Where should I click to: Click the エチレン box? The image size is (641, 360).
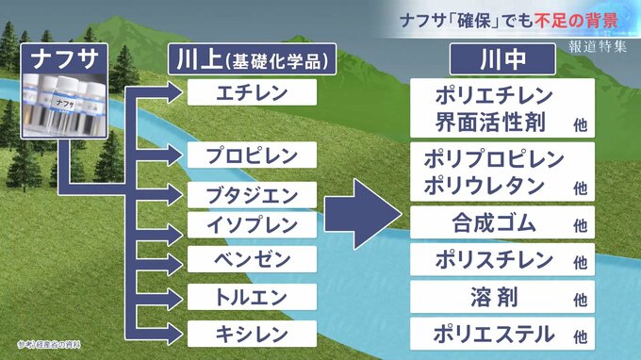252,92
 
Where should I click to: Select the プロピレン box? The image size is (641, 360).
252,155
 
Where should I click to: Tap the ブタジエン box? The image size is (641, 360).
252,195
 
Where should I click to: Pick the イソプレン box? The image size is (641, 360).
252,224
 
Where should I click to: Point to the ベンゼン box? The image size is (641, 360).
252,259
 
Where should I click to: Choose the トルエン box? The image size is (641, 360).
252,297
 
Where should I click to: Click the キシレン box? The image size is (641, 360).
252,334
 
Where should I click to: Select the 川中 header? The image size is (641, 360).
502,59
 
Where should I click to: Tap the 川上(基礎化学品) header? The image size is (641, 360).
253,59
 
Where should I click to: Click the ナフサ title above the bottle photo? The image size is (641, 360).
65,58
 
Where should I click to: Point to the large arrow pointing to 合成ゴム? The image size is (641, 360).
363,214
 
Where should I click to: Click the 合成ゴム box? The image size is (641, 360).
502,222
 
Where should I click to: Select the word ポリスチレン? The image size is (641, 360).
494,259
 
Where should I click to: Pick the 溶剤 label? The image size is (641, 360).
494,297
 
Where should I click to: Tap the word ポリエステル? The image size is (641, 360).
494,334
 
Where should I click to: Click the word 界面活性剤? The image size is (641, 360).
490,122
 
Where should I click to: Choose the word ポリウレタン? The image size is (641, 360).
485,186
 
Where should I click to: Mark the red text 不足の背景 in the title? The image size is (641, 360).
576,21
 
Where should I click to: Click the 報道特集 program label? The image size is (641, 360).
598,46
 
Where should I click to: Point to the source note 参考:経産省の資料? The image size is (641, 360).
49,345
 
